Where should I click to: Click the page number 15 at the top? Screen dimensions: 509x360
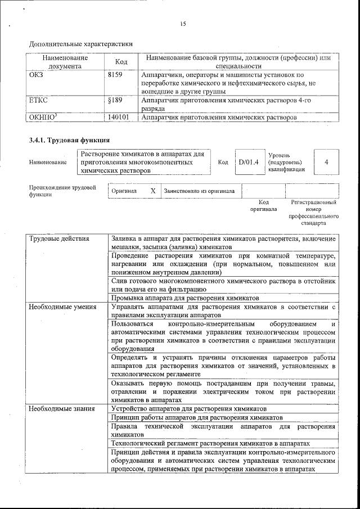[x=183, y=24]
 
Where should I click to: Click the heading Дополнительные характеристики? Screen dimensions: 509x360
[x=81, y=43]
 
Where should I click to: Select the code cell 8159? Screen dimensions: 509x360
[x=115, y=74]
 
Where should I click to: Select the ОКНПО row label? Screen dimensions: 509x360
[x=43, y=118]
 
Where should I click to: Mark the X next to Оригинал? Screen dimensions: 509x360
[x=152, y=191]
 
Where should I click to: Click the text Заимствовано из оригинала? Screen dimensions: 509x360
[x=199, y=191]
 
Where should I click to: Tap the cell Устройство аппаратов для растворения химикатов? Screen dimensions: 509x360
[x=189, y=409]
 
